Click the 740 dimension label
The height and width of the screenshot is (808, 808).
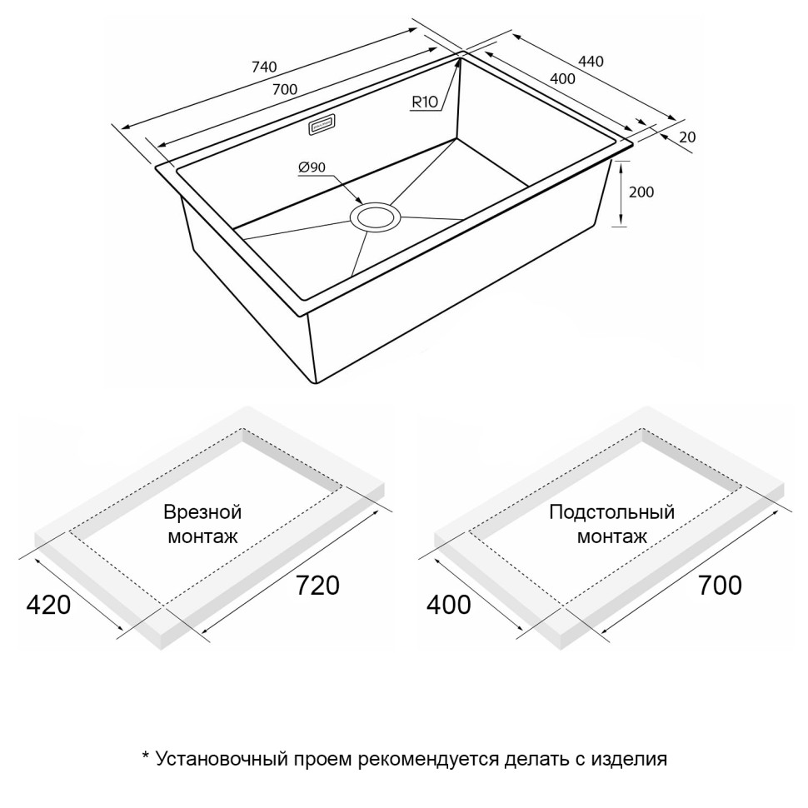[263, 67]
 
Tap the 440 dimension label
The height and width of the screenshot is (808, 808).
[590, 61]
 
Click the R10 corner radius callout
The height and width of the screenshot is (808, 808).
[424, 102]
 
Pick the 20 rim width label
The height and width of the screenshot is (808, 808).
[687, 137]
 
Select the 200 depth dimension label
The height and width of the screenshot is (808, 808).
[641, 192]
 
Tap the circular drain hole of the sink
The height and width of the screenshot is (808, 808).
[376, 217]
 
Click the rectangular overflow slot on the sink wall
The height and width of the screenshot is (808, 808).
[322, 125]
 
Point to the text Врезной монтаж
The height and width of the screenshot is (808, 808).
[202, 524]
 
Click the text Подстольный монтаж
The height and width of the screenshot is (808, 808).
[611, 524]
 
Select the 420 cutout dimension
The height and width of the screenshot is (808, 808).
[48, 605]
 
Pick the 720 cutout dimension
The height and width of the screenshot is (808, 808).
[317, 586]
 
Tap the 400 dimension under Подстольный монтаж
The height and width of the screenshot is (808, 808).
[448, 605]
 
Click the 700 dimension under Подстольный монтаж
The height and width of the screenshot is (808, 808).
[719, 586]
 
